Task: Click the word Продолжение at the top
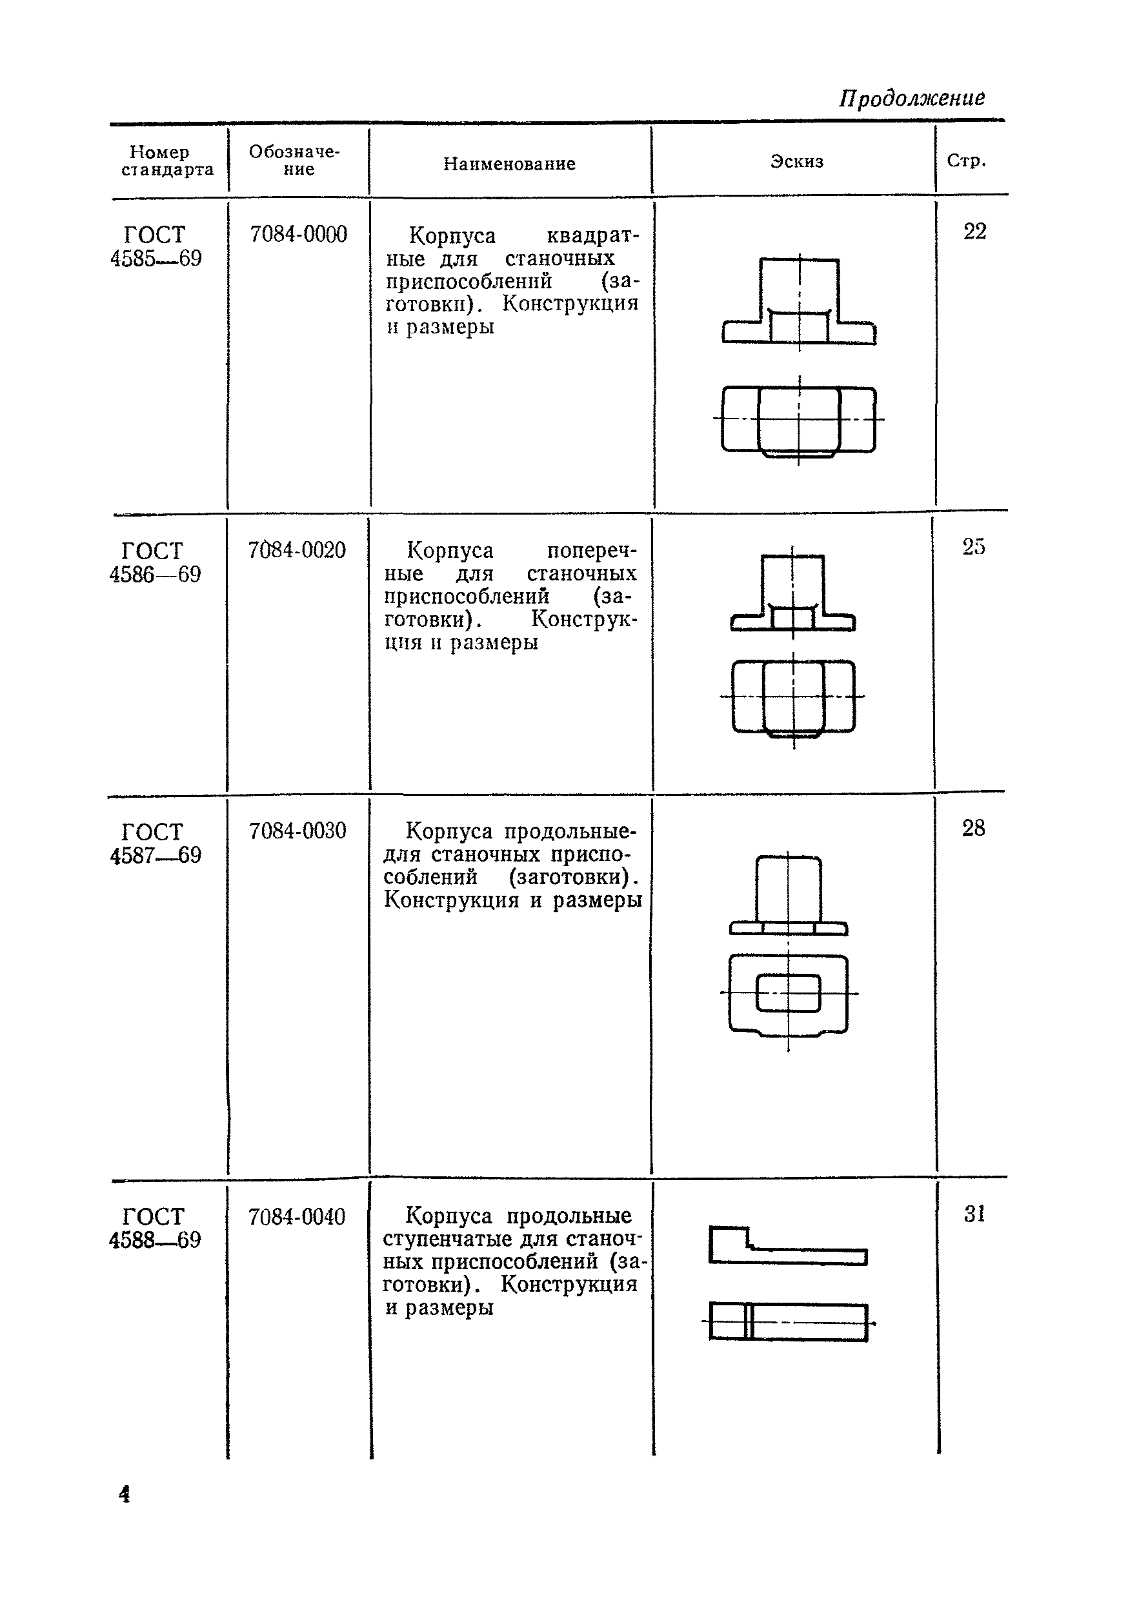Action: [911, 98]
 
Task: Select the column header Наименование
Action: [509, 164]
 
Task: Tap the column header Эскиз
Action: [796, 162]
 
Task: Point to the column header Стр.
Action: [966, 161]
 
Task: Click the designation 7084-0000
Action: [298, 234]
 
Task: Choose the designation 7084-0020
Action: [297, 551]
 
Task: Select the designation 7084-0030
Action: [297, 831]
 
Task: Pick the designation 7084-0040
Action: [297, 1217]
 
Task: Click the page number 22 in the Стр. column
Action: [974, 232]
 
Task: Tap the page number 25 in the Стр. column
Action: [973, 547]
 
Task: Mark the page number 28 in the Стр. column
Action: [973, 828]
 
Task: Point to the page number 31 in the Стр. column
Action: [974, 1214]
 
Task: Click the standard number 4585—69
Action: [156, 259]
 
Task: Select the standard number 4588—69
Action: [155, 1240]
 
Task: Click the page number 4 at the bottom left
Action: [125, 1495]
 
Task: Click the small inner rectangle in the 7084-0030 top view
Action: [789, 993]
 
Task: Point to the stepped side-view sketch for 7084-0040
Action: [788, 1245]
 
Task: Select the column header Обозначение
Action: [294, 161]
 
